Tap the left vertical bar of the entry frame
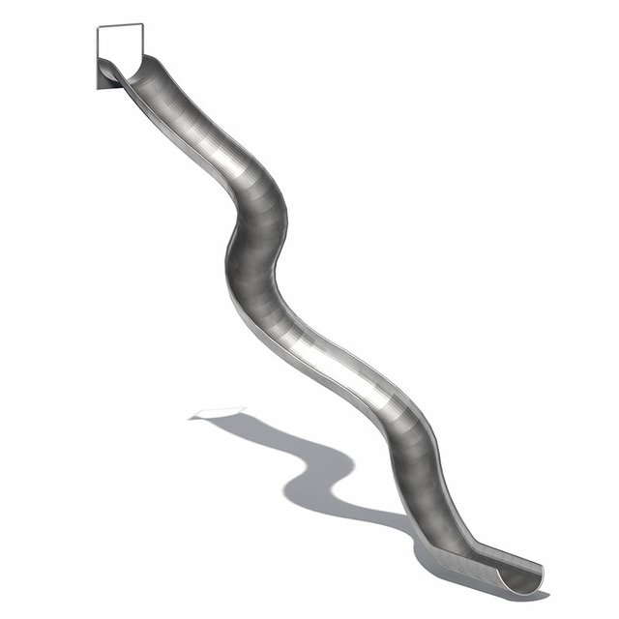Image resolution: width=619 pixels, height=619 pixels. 98,44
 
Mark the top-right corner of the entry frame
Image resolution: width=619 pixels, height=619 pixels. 142,24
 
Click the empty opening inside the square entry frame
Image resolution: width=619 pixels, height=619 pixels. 120,43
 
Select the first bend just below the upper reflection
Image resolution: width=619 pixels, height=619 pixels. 259,189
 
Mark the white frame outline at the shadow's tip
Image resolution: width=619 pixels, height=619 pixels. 219,413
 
